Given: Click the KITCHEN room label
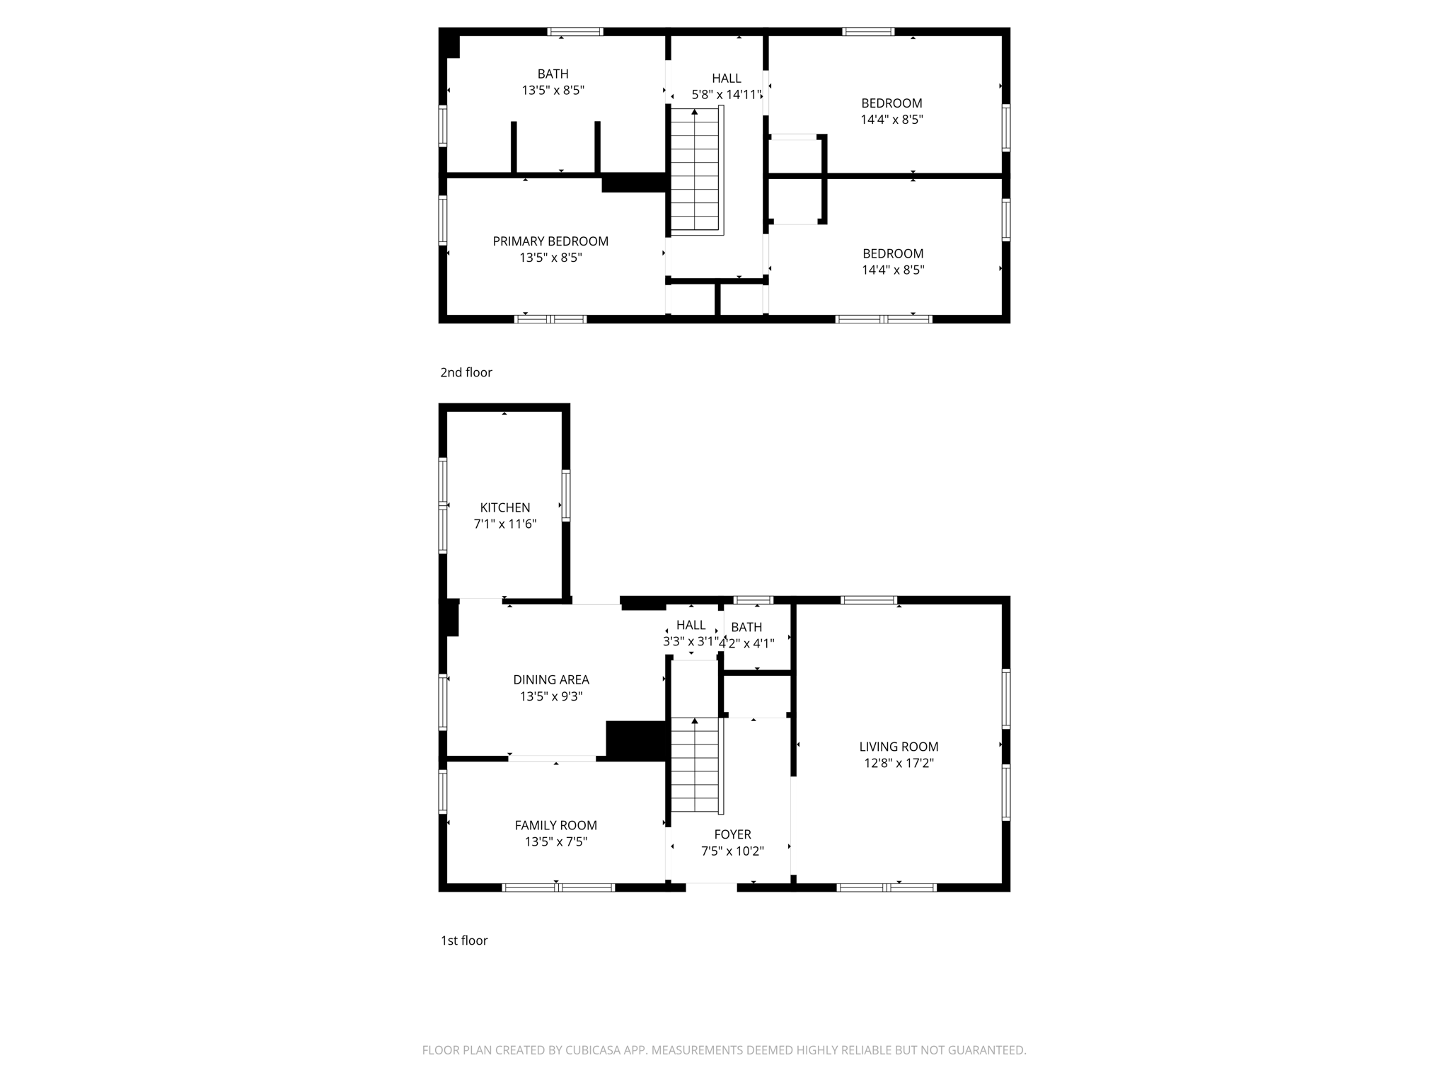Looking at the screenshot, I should click(504, 507).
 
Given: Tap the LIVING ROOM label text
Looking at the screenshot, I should click(899, 747).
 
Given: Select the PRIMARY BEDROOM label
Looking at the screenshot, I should click(550, 241).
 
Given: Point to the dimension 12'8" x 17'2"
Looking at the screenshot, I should click(899, 764).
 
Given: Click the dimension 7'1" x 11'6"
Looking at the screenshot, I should click(504, 524).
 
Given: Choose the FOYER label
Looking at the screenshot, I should click(732, 834).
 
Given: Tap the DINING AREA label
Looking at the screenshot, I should click(550, 680).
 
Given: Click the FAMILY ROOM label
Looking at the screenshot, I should click(555, 825).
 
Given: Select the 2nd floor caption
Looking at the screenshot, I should click(466, 372).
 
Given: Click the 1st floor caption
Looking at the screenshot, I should click(464, 941).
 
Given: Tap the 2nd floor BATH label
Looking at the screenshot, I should click(553, 74).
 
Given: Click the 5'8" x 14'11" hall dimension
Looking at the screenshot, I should click(727, 95).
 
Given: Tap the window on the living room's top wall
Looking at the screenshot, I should click(868, 600).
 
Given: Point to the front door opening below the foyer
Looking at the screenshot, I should click(711, 887).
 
